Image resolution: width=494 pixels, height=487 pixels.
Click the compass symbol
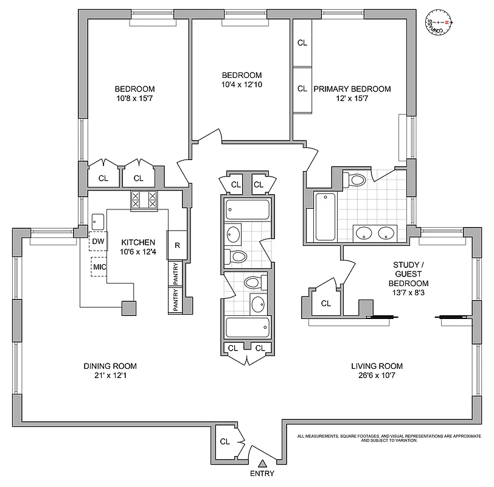point(439,23)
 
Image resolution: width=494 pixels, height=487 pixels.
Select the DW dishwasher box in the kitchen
point(98,242)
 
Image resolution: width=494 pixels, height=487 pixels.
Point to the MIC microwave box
point(99,266)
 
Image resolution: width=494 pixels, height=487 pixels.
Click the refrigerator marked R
point(177,246)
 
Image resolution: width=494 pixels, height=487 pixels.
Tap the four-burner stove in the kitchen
point(144,200)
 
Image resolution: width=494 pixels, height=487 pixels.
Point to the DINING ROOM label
point(110,366)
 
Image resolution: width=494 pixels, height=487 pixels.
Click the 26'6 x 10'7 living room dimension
point(377,376)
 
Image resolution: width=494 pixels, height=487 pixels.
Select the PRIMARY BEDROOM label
point(352,89)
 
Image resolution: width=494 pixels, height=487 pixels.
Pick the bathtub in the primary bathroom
point(324,215)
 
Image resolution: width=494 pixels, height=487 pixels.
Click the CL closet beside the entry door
point(224,441)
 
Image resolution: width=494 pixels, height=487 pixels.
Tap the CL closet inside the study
point(325,303)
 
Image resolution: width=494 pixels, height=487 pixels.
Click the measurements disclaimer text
point(389,438)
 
